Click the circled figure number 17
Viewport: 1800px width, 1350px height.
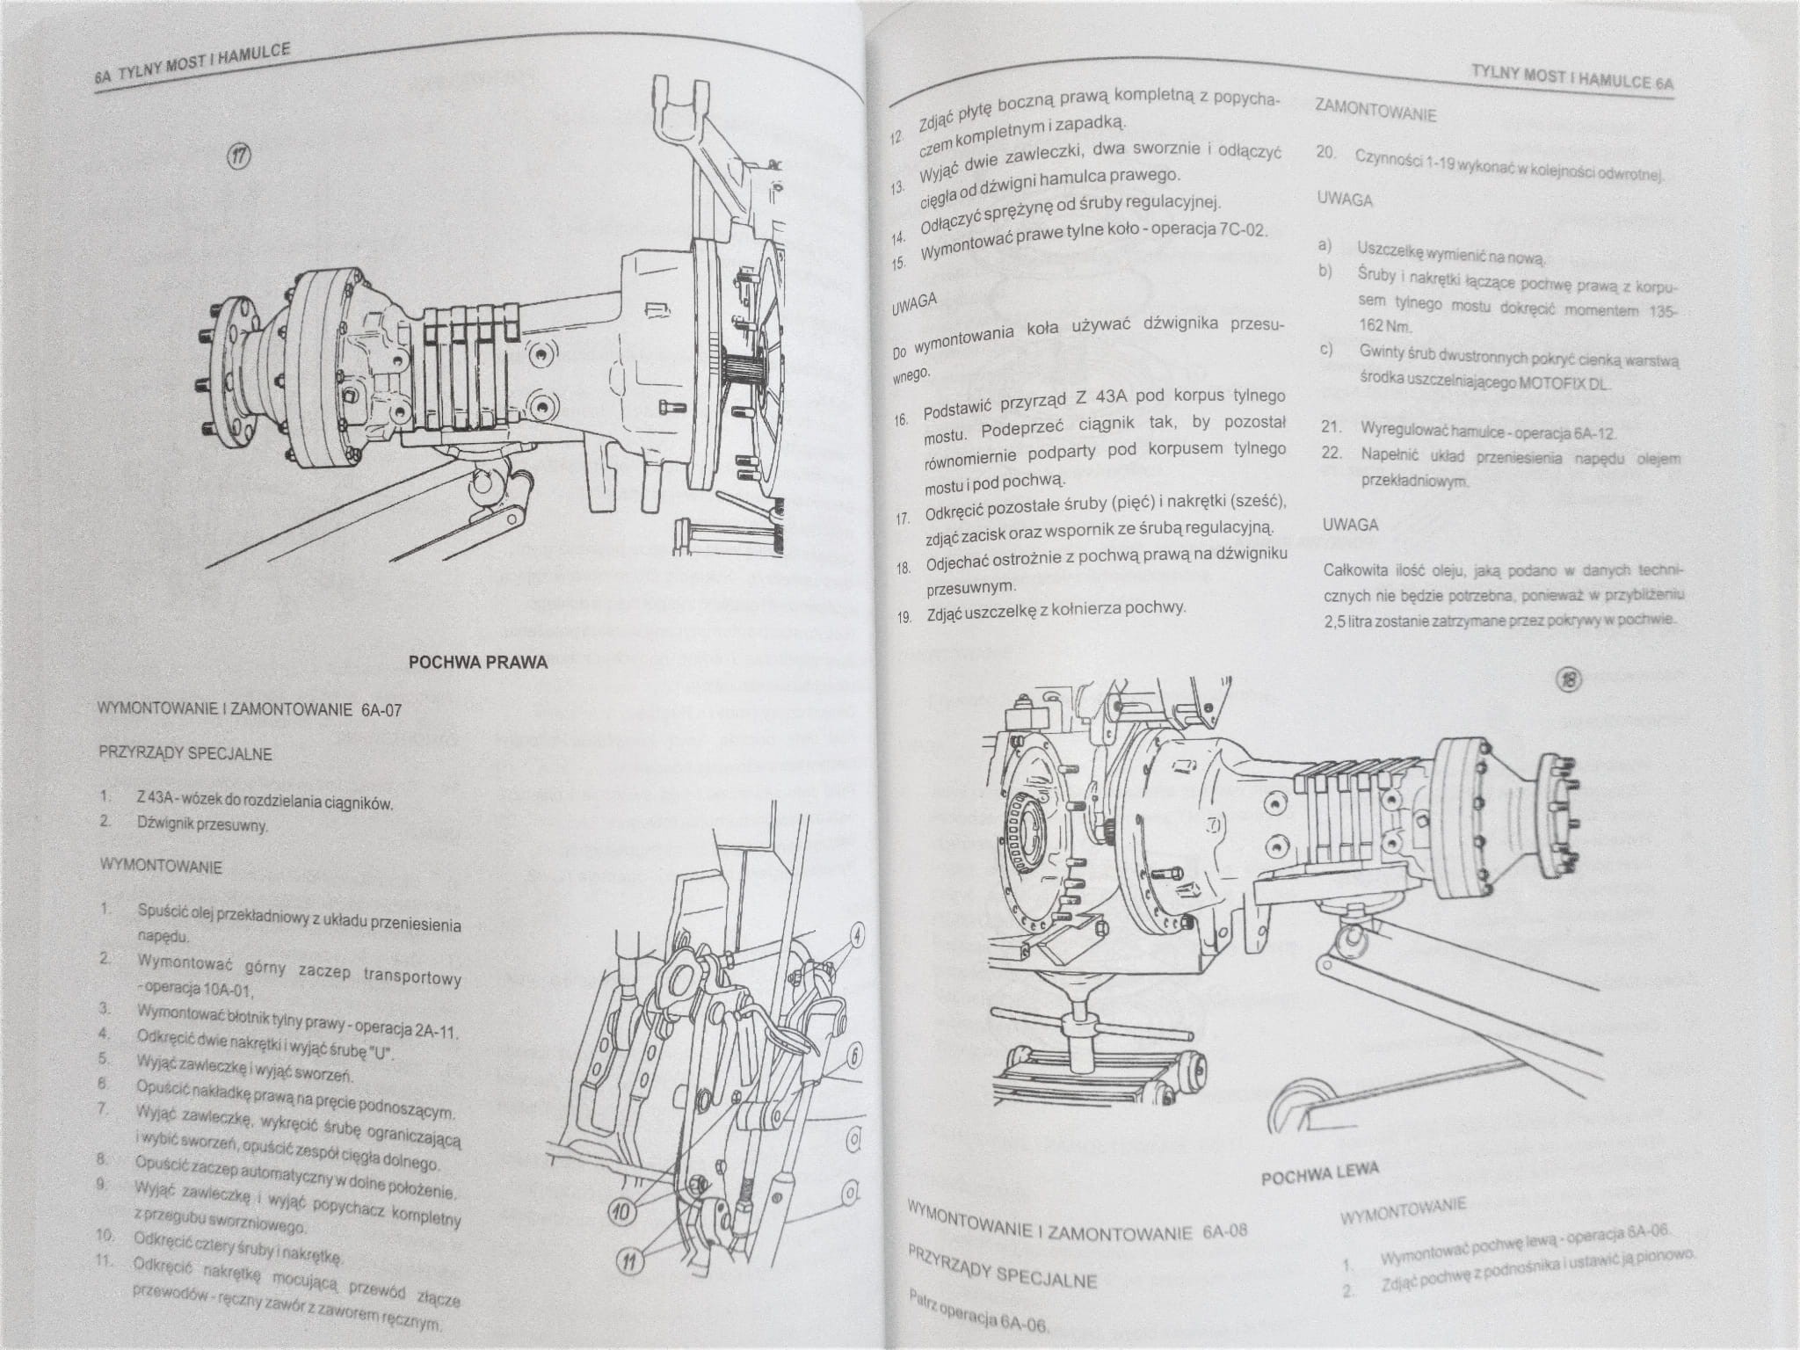point(240,156)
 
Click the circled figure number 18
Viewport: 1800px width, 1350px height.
point(1571,679)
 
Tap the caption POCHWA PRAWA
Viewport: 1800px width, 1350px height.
point(478,662)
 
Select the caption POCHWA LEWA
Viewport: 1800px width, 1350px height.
point(1319,1174)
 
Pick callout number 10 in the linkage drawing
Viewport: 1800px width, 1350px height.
point(621,1214)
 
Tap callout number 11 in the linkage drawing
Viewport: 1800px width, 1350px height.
point(630,1263)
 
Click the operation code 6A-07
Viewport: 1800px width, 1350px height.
point(380,710)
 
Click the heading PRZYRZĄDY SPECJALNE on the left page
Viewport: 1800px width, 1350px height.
point(185,753)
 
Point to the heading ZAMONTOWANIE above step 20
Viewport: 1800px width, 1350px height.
point(1375,112)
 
